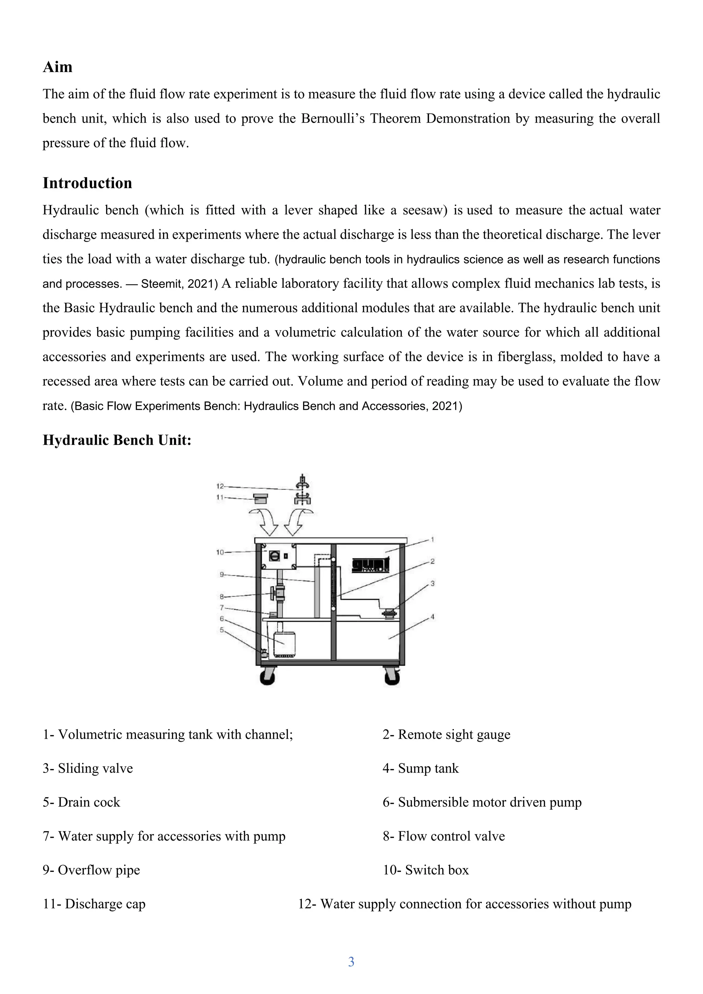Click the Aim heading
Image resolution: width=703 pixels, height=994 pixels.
click(58, 68)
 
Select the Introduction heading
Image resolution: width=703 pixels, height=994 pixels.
click(87, 183)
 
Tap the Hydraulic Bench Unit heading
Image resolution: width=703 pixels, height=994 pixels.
click(117, 440)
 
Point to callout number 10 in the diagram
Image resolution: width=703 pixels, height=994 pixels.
click(220, 552)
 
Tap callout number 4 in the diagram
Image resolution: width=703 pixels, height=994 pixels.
click(432, 617)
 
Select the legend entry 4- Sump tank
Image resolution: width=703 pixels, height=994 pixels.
click(420, 768)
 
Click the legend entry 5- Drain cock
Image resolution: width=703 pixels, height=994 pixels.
click(81, 802)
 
